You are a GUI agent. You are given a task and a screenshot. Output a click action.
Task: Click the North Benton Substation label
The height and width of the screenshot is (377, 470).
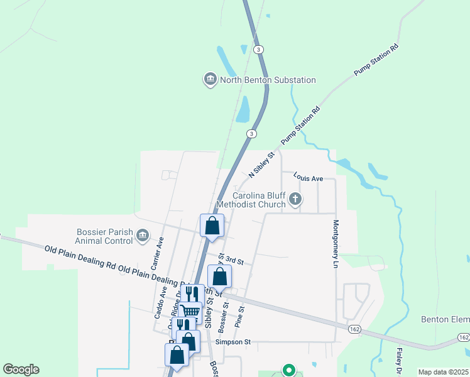point(268,80)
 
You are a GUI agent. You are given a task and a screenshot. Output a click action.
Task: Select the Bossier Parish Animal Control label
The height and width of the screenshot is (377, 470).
point(104,236)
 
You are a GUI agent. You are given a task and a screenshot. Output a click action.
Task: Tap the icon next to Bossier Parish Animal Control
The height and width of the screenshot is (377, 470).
point(143,235)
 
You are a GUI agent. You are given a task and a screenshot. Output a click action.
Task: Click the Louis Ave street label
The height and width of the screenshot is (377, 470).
point(308,178)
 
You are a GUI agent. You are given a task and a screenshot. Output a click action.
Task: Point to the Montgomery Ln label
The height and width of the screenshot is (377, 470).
point(336,241)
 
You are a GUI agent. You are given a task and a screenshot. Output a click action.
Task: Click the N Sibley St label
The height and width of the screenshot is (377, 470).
point(262,164)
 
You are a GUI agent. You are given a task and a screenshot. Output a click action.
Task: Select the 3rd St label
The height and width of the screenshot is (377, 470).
point(234,260)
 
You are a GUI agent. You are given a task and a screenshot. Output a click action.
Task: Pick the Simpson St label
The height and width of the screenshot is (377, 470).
point(233,342)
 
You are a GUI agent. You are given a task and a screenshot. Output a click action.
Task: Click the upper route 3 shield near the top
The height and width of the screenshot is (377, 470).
point(258,49)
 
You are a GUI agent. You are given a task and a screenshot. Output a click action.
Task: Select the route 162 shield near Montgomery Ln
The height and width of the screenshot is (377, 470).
point(355,329)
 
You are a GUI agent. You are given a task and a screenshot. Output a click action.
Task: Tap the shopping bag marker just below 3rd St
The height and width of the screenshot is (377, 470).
point(219,276)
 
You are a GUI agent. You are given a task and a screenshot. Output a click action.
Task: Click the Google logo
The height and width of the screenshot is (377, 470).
point(21,369)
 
